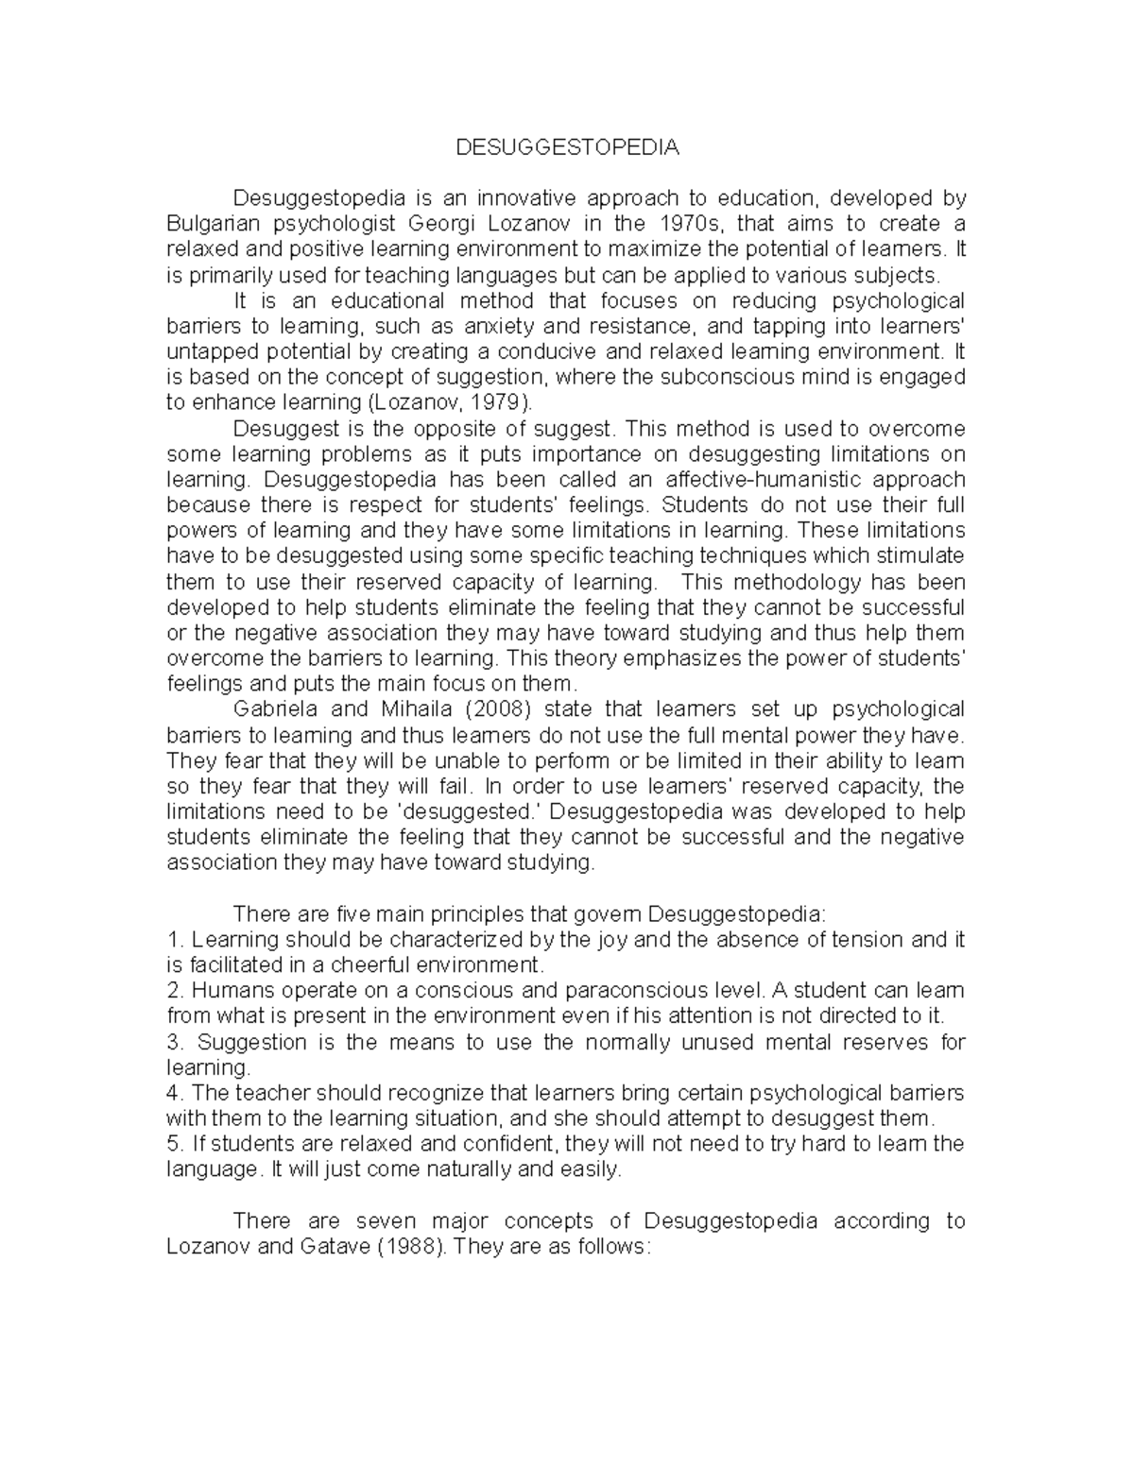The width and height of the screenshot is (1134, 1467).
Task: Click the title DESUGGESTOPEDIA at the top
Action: tap(567, 147)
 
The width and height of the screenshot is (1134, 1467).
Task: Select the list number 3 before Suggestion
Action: tap(172, 1041)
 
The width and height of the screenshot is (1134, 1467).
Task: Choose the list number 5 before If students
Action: tap(172, 1143)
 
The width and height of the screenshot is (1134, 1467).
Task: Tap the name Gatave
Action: tap(334, 1246)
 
